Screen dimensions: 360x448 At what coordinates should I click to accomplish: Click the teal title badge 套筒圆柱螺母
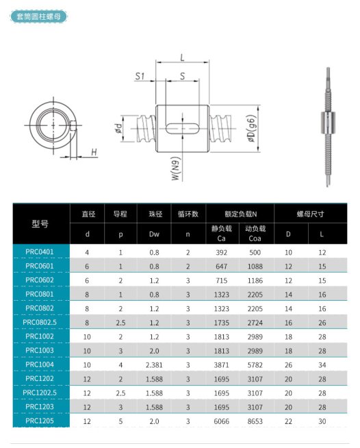tap(38, 16)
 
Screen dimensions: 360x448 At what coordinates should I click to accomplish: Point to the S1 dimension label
tap(140, 76)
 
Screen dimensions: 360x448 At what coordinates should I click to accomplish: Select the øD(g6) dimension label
tap(251, 128)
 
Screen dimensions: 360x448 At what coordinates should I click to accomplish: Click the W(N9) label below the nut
tap(176, 169)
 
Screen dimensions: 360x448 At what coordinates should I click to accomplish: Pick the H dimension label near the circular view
tap(94, 152)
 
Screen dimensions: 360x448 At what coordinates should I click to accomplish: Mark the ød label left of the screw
tap(118, 128)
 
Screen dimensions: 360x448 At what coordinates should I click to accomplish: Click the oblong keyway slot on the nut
tap(183, 128)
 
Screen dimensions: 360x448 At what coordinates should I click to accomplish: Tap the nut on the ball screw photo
tap(328, 123)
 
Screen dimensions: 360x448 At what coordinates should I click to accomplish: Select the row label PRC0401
tap(40, 251)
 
